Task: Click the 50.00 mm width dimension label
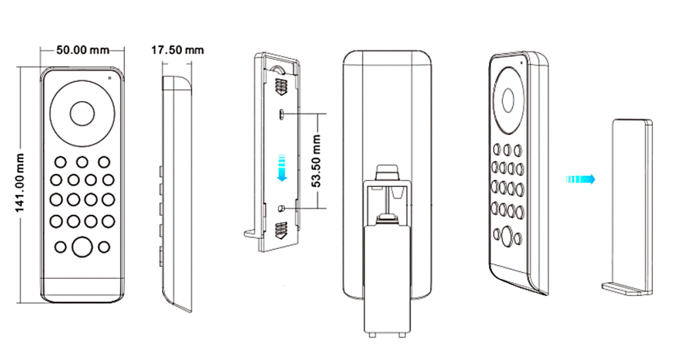pos(82,50)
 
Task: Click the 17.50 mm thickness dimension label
pos(177,50)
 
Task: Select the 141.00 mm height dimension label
pos(20,183)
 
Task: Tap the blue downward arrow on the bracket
pos(282,167)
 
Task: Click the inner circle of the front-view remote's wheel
pos(82,113)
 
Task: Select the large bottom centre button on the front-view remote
pos(82,247)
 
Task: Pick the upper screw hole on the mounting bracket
pos(281,113)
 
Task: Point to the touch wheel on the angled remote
pos(508,99)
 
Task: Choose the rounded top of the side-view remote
pos(177,82)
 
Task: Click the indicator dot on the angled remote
pos(521,63)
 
